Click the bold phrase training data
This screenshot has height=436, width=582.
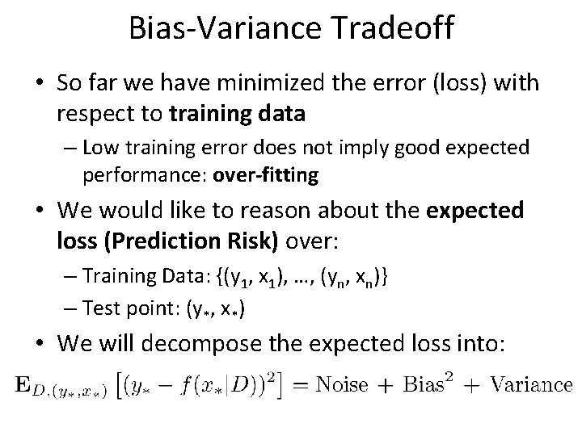[238, 114]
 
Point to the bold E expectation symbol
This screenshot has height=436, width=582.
[20, 384]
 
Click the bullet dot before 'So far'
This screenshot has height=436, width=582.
[39, 84]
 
